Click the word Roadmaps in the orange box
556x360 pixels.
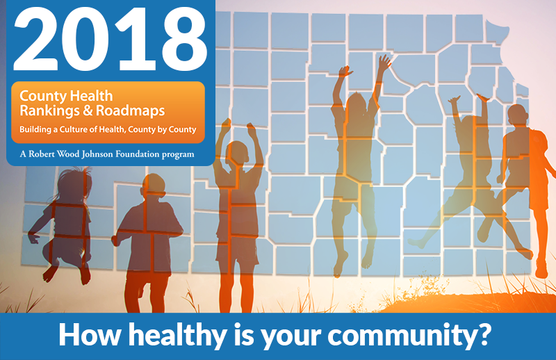coord(130,111)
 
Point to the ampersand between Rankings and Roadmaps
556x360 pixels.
coord(88,111)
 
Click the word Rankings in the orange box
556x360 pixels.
coord(50,111)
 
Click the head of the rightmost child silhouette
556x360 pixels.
coord(517,116)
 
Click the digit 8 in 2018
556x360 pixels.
coord(181,40)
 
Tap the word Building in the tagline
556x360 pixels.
coord(35,130)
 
